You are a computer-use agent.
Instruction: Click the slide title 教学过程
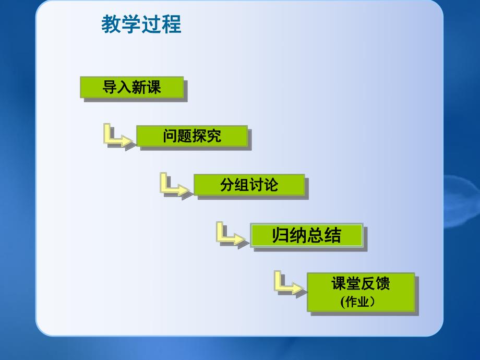click(x=141, y=25)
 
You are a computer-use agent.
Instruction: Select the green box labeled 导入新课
click(x=132, y=88)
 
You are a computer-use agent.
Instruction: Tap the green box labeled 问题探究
click(x=191, y=136)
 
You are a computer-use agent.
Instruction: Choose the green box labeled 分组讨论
click(x=249, y=185)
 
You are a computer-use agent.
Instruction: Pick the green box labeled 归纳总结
click(x=306, y=236)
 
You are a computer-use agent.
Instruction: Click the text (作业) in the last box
click(x=358, y=302)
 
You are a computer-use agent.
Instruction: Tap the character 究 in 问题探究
click(x=214, y=136)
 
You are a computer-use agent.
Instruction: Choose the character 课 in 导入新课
click(x=154, y=88)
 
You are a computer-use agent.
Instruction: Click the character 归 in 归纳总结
click(x=281, y=236)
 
